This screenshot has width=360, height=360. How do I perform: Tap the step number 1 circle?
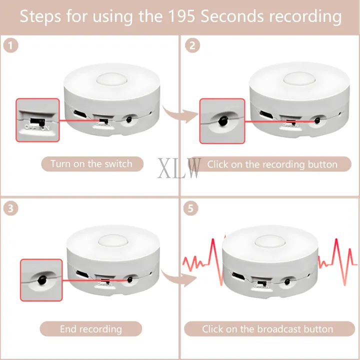pyautogui.click(x=10, y=45)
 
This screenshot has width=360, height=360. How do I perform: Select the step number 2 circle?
pyautogui.click(x=191, y=45)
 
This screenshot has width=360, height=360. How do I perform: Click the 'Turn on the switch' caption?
pyautogui.click(x=91, y=163)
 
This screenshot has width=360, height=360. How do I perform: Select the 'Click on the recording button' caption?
pyautogui.click(x=272, y=164)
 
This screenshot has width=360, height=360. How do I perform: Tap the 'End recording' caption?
pyautogui.click(x=91, y=329)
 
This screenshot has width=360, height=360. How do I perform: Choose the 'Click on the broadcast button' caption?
pyautogui.click(x=267, y=329)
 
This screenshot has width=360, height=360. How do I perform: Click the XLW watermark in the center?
pyautogui.click(x=180, y=168)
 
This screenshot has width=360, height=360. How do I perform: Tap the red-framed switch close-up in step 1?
pyautogui.click(x=37, y=120)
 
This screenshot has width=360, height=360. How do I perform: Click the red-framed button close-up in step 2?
pyautogui.click(x=222, y=120)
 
